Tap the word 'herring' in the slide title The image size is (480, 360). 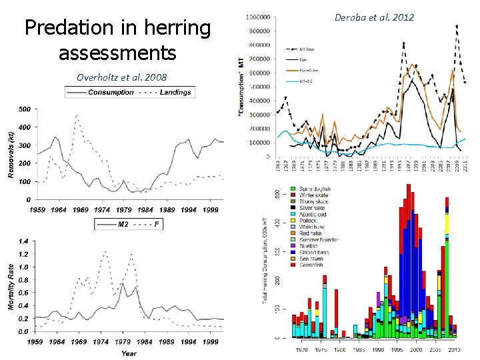pyautogui.click(x=167, y=29)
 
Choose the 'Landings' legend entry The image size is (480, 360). pyautogui.click(x=175, y=92)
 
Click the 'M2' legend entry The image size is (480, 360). pyautogui.click(x=123, y=224)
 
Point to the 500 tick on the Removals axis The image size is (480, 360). pyautogui.click(x=24, y=109)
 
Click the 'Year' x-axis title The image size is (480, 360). pyautogui.click(x=130, y=353)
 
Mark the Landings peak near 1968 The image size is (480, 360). pyautogui.click(x=77, y=115)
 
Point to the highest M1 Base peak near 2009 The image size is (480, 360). pyautogui.click(x=457, y=27)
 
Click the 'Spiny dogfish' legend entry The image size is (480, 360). pyautogui.click(x=310, y=189)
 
